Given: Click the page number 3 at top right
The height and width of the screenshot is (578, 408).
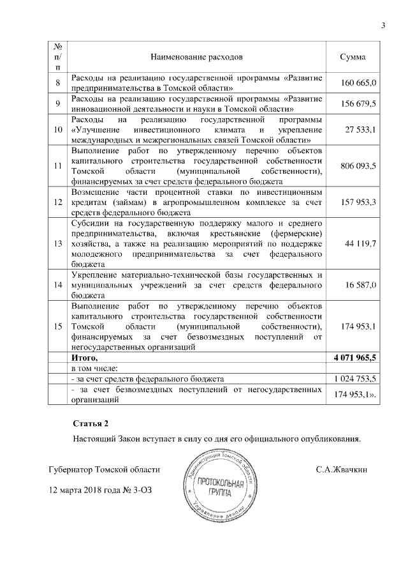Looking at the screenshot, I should (x=383, y=26).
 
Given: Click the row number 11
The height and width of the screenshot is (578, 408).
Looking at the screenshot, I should (x=58, y=165).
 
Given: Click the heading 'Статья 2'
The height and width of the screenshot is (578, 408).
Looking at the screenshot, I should (x=91, y=423).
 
